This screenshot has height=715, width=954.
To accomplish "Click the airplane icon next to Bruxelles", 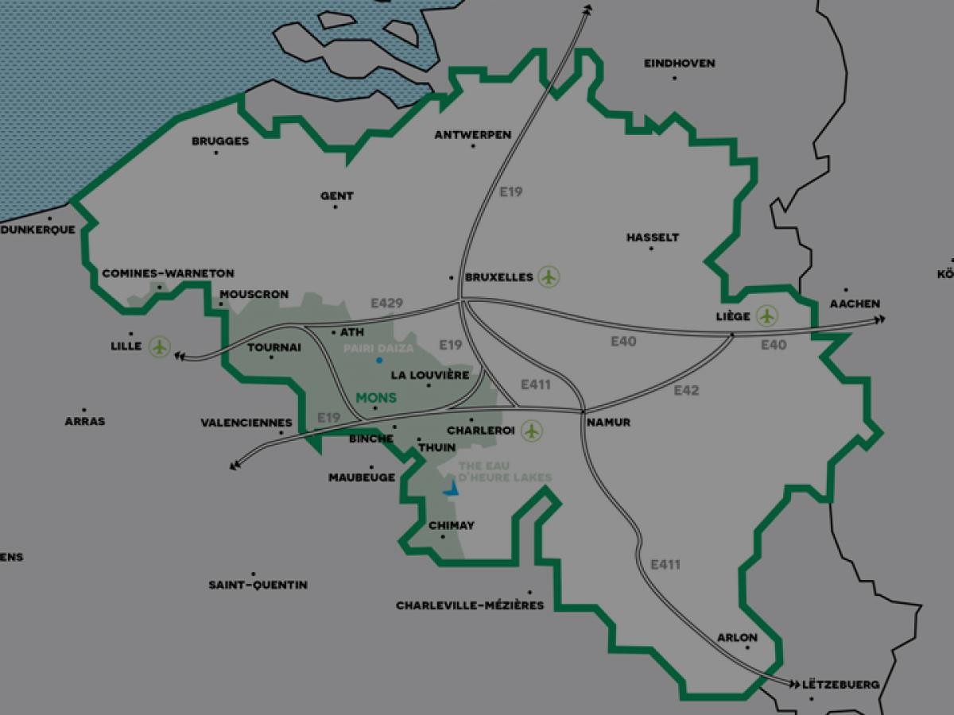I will click(x=549, y=277).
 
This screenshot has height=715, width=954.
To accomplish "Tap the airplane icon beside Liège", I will click(x=766, y=315).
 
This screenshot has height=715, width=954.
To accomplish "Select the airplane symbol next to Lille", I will click(x=160, y=346).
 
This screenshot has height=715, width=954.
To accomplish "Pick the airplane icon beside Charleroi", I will click(x=531, y=431).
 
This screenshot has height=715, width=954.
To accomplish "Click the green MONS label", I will click(x=376, y=397).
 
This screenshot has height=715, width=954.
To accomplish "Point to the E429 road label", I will click(x=387, y=303).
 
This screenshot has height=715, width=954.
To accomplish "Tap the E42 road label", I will click(x=686, y=390).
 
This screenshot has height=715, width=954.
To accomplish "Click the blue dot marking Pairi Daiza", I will click(x=379, y=361).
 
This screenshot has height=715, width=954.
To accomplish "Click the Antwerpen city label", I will click(x=472, y=135).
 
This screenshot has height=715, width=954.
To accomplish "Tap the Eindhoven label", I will click(x=679, y=64).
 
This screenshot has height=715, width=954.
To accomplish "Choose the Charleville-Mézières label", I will click(x=470, y=605).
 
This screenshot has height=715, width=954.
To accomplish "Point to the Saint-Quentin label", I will click(x=258, y=586).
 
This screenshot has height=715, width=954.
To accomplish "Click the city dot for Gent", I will click(x=335, y=207).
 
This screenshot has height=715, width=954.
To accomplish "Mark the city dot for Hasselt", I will click(x=650, y=249).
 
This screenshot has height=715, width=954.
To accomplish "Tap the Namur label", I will click(x=608, y=423).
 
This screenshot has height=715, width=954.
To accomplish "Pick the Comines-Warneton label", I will click(x=168, y=273).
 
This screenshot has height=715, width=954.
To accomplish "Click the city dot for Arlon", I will click(x=747, y=647).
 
